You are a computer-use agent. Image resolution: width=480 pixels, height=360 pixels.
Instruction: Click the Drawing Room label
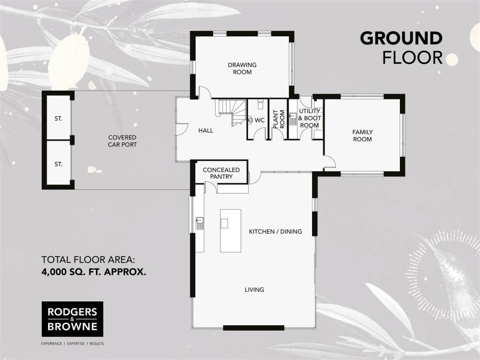click(x=242, y=68)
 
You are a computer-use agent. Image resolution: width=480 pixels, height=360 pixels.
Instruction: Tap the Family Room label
click(x=363, y=135)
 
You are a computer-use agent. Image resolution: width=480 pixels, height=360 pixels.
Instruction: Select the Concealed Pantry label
click(x=221, y=173)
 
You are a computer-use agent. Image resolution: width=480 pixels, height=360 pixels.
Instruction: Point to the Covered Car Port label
click(x=122, y=141)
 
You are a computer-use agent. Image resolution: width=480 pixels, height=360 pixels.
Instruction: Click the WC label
click(x=260, y=121)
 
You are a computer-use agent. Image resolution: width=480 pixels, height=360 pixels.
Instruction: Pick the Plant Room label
click(x=279, y=119)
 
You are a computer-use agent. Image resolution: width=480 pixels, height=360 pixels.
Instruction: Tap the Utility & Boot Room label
click(x=309, y=118)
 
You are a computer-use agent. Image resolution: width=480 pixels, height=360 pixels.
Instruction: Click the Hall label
click(x=206, y=131)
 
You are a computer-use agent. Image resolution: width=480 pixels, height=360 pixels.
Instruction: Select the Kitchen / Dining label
click(x=275, y=231)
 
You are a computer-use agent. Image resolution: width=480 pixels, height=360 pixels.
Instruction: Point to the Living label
click(x=254, y=289)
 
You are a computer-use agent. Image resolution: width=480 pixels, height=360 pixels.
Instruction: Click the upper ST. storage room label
click(x=59, y=118)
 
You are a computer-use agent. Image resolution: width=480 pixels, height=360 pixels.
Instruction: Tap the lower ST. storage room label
click(x=59, y=164)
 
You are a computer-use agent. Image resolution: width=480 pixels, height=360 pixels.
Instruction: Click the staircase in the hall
click(x=232, y=112)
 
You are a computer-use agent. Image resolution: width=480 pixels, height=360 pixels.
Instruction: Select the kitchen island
click(x=230, y=231)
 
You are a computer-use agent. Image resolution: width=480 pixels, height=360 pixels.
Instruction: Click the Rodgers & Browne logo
click(x=72, y=319)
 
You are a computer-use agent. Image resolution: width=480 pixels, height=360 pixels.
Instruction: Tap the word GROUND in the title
click(x=401, y=38)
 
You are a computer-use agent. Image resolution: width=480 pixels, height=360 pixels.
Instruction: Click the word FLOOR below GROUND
click(x=412, y=58)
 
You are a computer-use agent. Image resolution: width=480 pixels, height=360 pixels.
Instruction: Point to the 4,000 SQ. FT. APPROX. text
click(x=94, y=271)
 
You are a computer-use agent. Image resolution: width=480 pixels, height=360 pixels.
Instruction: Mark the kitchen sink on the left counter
click(x=199, y=223)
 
